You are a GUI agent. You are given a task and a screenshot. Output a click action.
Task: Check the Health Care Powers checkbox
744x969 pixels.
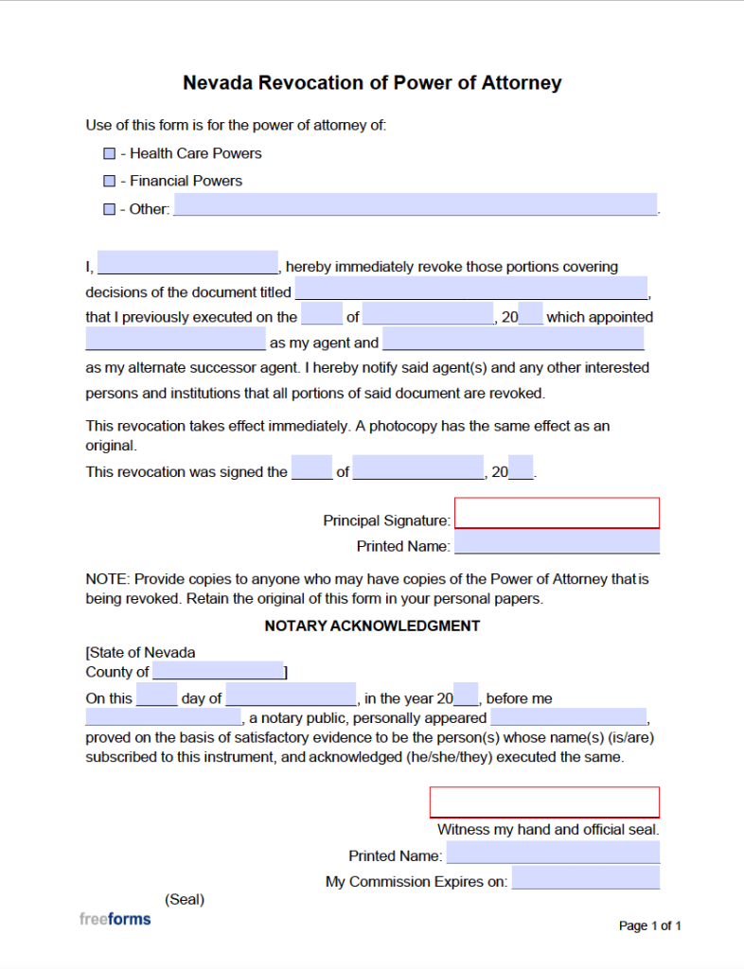point(109,153)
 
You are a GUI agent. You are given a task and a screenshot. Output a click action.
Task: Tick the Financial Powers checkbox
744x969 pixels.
point(109,181)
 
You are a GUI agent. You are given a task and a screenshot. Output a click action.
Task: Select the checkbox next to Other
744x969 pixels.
point(109,209)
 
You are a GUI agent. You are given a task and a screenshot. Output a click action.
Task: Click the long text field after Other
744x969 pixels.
point(415,205)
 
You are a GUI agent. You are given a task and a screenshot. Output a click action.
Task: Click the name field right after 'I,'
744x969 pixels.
point(187,263)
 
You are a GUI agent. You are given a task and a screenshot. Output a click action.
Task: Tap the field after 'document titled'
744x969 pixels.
point(471,289)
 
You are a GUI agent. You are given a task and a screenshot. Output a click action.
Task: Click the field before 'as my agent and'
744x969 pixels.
point(175,340)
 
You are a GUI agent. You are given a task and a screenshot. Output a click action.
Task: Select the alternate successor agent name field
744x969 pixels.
point(513,340)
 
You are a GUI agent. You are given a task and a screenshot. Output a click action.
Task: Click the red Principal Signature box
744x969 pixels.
point(557,513)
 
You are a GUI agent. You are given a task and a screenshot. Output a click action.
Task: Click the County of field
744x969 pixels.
point(218,671)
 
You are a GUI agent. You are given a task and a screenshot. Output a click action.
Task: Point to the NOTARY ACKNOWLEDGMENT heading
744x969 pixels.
point(372,626)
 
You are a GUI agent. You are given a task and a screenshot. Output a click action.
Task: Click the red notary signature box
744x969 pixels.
point(544,802)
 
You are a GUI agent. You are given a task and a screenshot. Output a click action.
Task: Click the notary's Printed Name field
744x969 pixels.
point(553,853)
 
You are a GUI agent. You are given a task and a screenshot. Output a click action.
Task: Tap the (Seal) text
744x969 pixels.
point(185,899)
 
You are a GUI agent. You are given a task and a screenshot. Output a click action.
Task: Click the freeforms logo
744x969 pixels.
point(115,919)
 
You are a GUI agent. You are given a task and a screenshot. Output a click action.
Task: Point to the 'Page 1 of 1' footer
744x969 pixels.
point(649,925)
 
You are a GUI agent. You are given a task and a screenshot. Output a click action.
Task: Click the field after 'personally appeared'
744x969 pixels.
point(568,717)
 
